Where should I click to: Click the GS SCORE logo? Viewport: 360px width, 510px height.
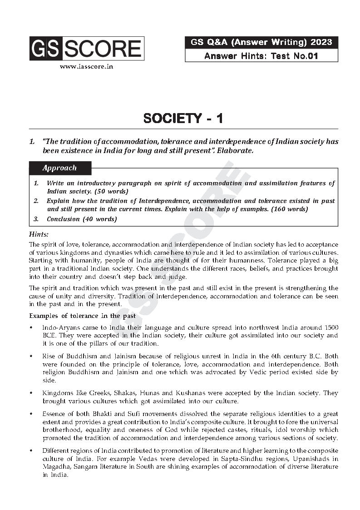87,49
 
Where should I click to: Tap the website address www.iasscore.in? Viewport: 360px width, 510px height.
86,66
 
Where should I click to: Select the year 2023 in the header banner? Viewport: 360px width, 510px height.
321,43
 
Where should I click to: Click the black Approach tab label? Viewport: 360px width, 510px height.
59,168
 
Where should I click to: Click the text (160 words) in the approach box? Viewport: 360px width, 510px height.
288,209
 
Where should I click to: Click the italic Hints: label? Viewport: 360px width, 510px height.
39,234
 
